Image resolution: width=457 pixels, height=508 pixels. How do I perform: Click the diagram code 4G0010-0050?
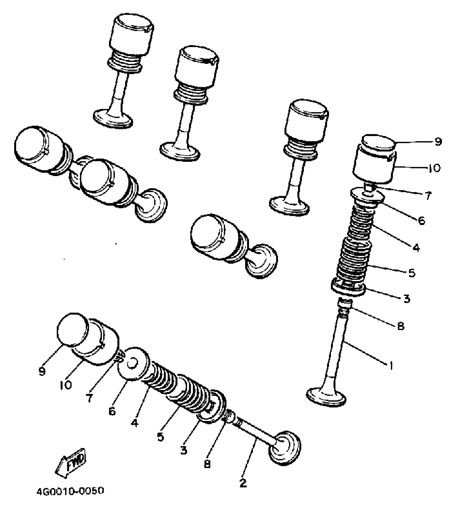(x=70, y=491)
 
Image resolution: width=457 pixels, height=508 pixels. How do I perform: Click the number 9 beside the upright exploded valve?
(x=438, y=141)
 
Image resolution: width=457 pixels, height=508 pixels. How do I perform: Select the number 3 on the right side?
(x=406, y=298)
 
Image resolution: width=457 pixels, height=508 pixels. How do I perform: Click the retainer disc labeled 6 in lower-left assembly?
(x=134, y=364)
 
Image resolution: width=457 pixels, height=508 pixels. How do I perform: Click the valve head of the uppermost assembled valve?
(x=113, y=118)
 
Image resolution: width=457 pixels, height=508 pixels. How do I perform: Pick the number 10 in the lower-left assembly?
(x=66, y=385)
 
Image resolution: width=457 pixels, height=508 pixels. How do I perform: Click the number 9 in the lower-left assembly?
(x=42, y=371)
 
